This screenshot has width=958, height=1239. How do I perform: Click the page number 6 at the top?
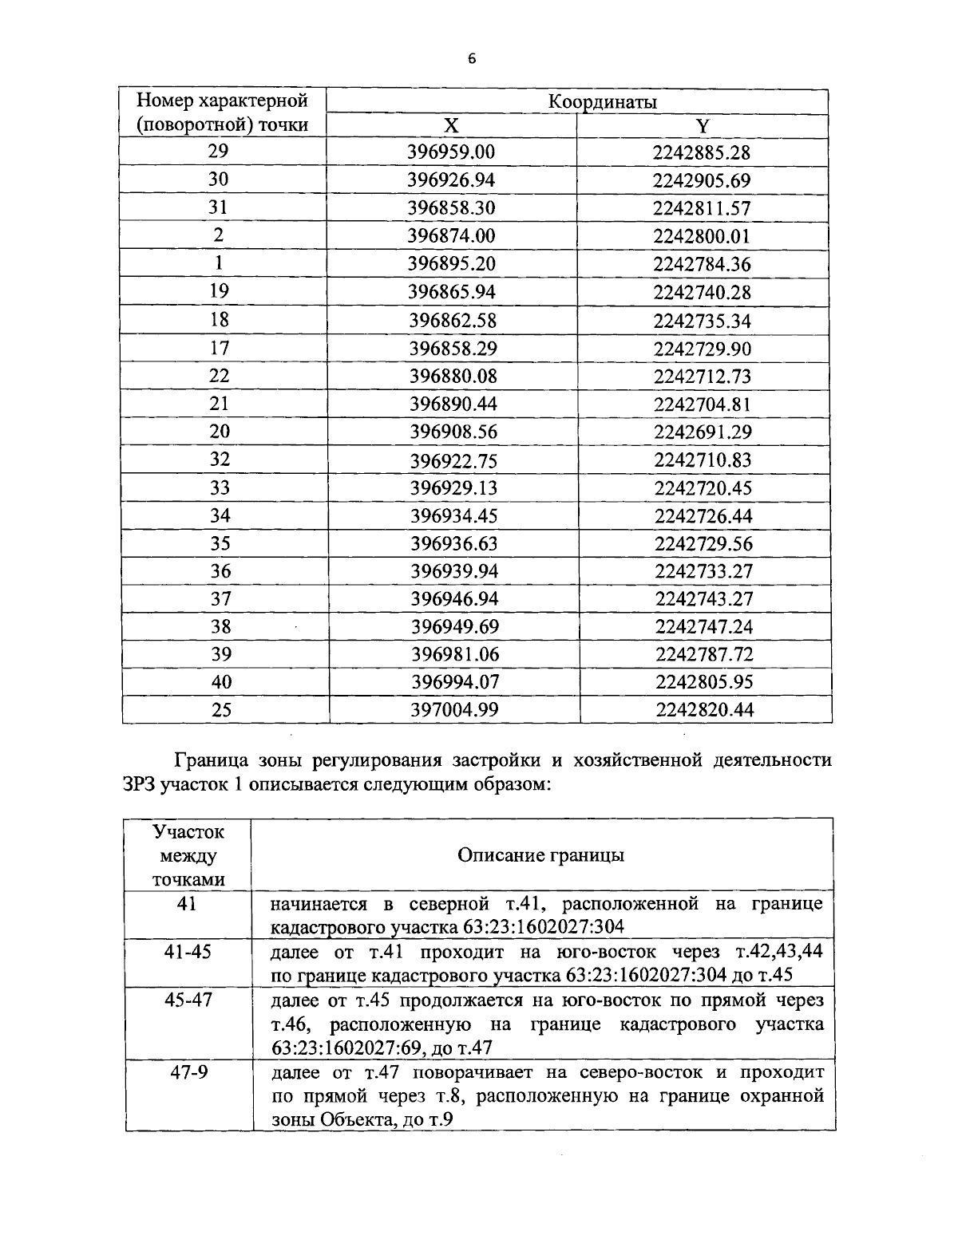pos(472,59)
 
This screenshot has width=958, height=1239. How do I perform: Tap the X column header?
pos(451,126)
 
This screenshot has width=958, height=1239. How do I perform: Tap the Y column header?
pos(703,126)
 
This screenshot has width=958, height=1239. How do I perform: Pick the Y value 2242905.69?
pos(702,180)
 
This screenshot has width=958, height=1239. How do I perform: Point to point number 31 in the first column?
pos(219,207)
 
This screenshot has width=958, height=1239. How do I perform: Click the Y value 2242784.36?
pos(702,264)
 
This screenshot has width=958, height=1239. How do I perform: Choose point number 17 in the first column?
pos(219,348)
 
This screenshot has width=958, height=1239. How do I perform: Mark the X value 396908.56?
pos(453,432)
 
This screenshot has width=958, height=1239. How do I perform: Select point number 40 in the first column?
pos(221,681)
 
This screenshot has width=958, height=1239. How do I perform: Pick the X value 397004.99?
pos(454,709)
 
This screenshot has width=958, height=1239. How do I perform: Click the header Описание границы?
pos(540,855)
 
